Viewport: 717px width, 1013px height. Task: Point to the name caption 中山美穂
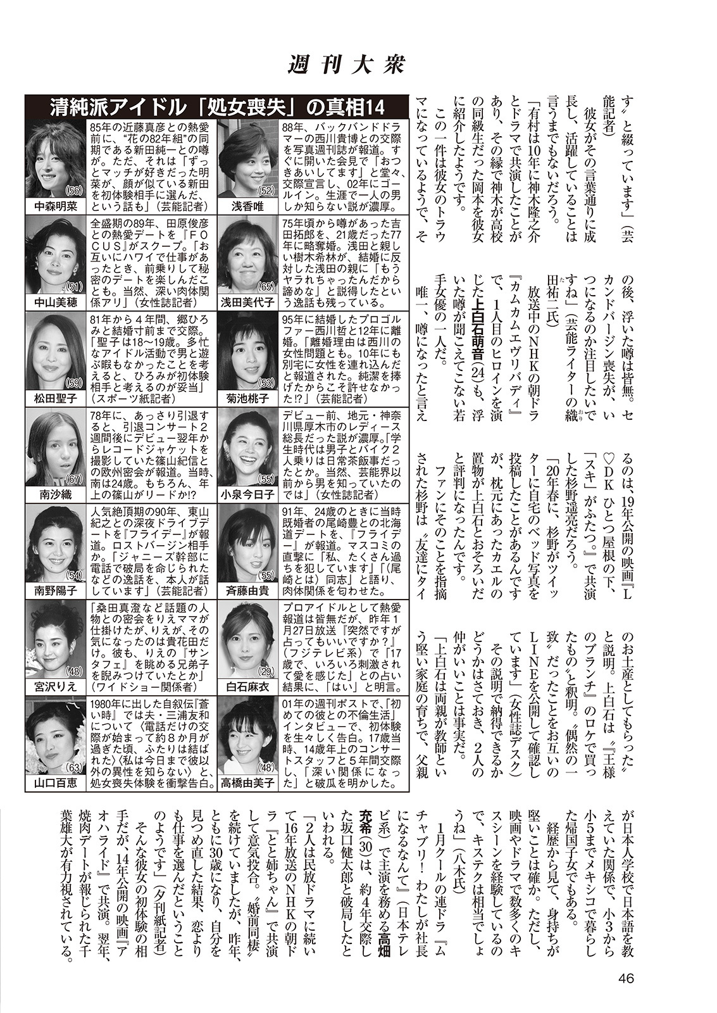[56, 303]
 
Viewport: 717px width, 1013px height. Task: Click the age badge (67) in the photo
[75, 479]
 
